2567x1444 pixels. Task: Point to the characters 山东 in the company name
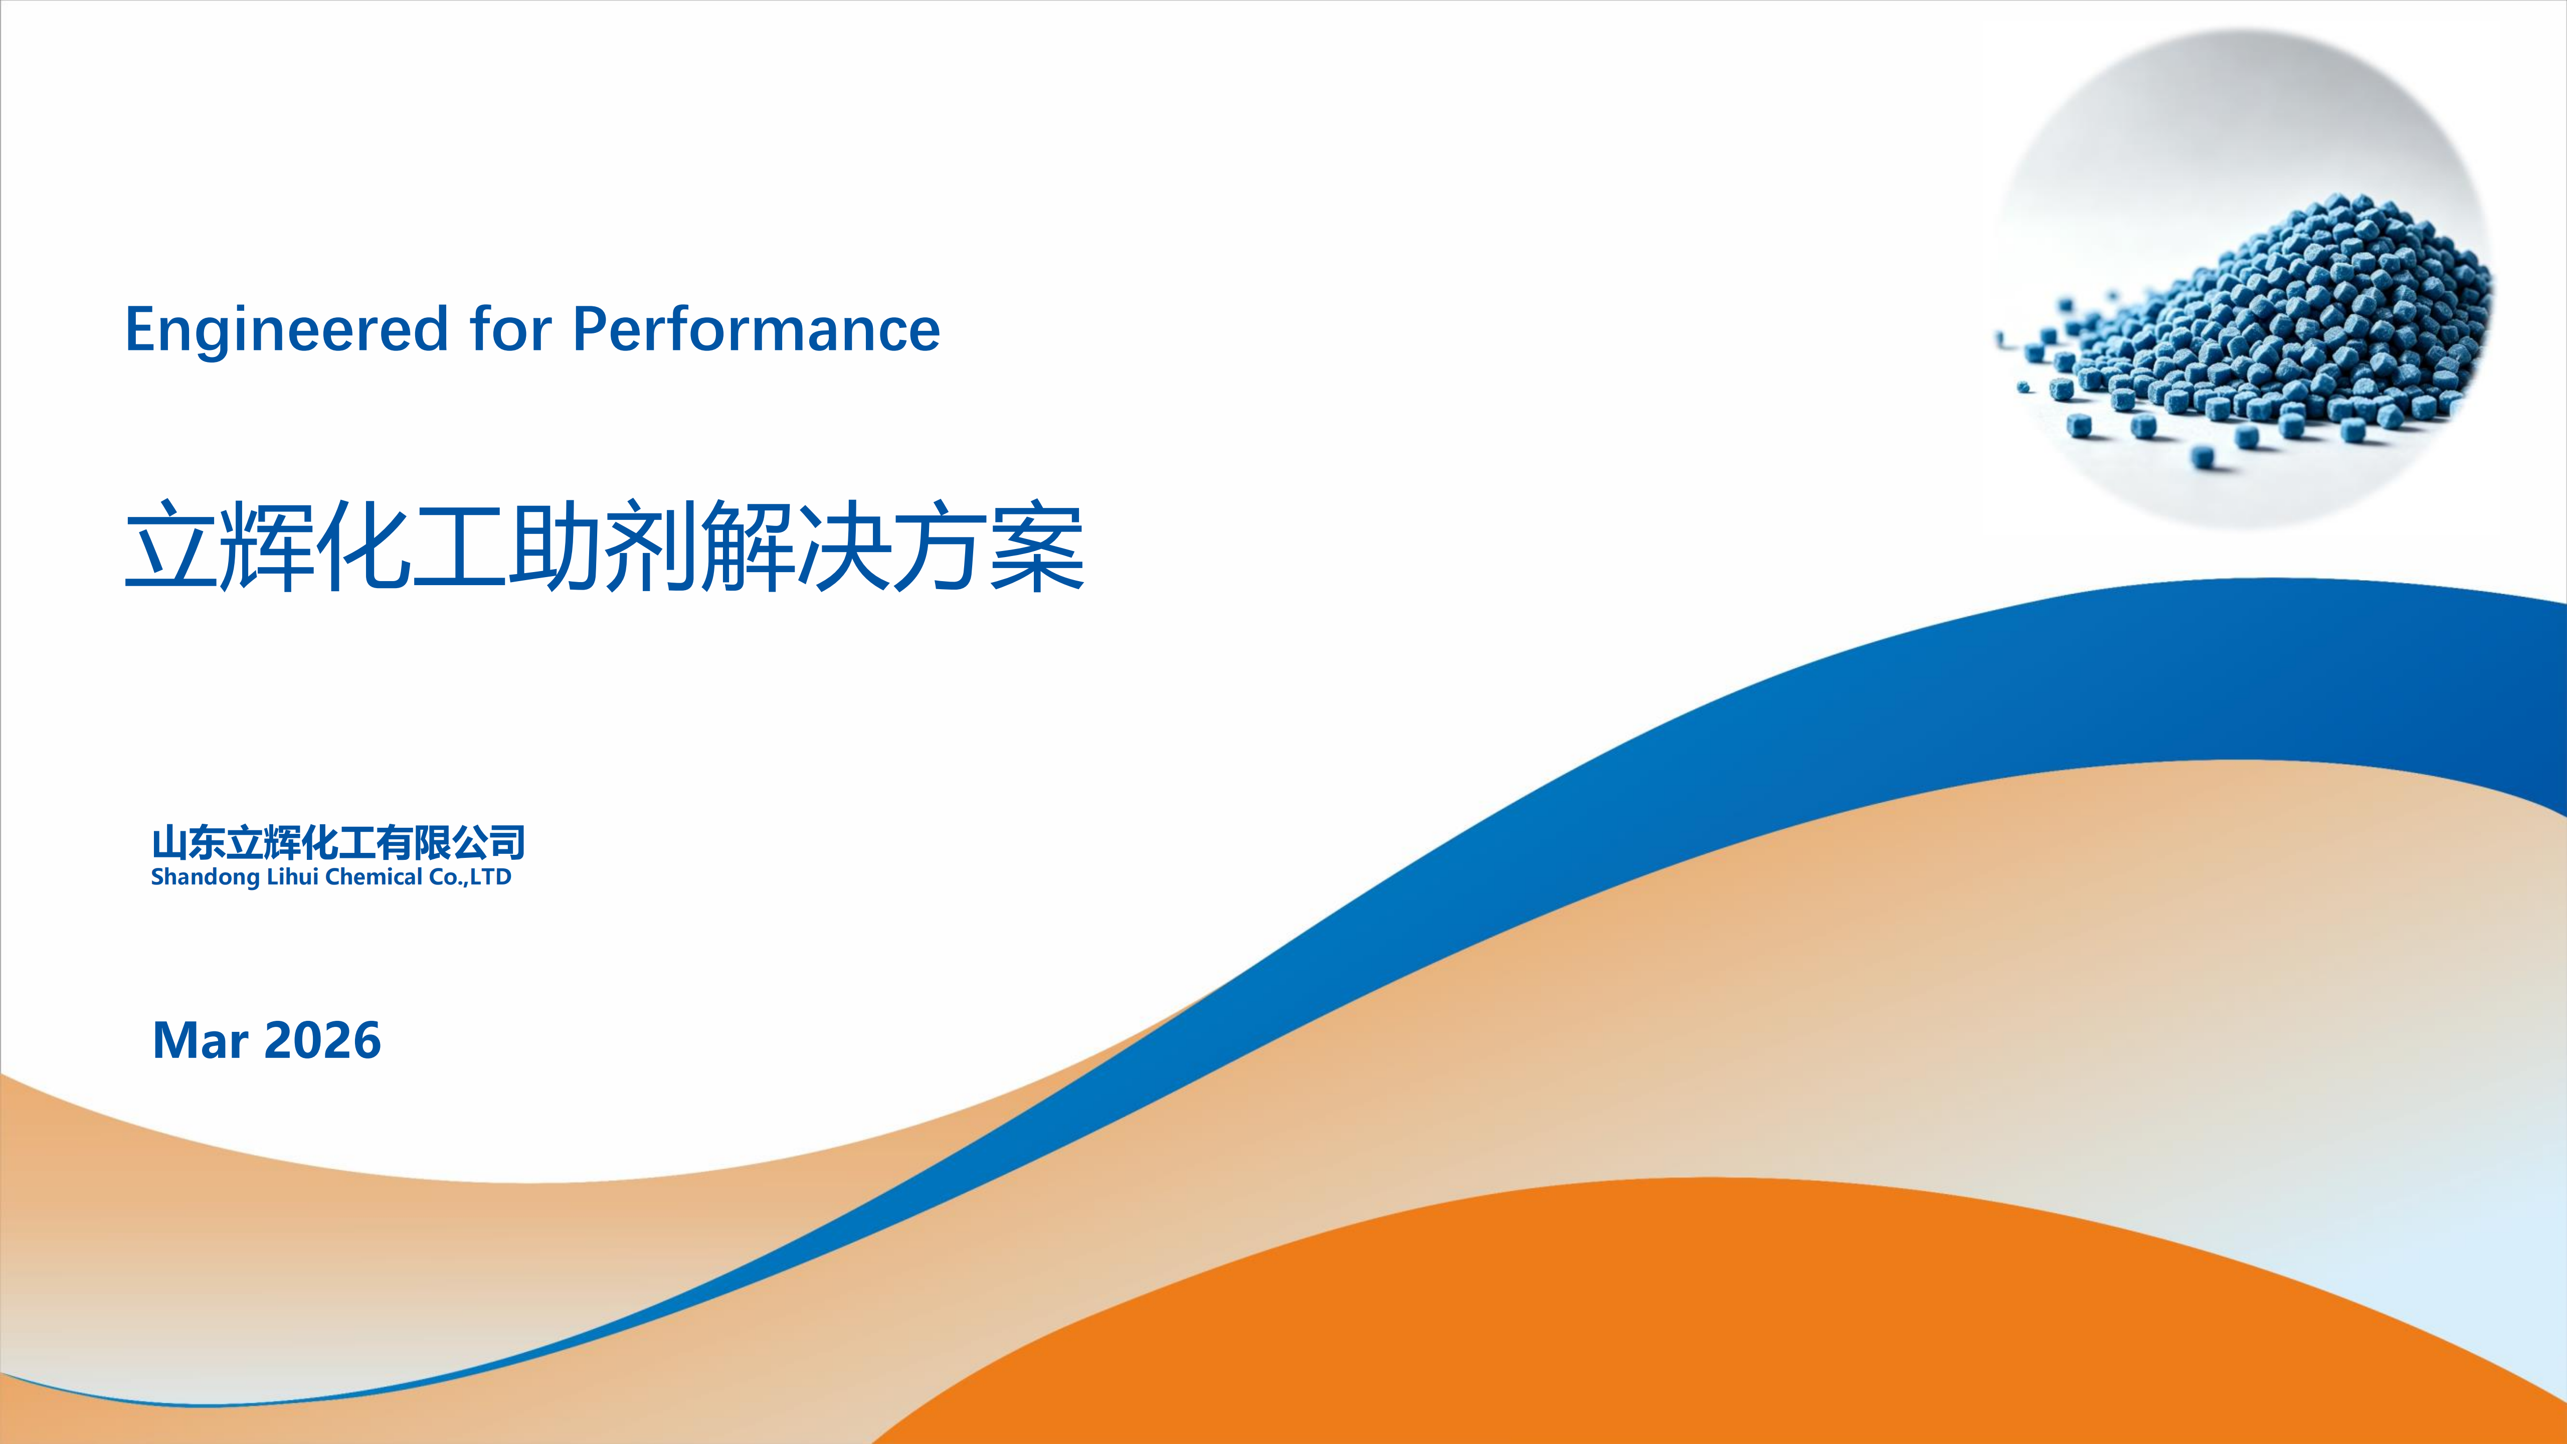189,843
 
